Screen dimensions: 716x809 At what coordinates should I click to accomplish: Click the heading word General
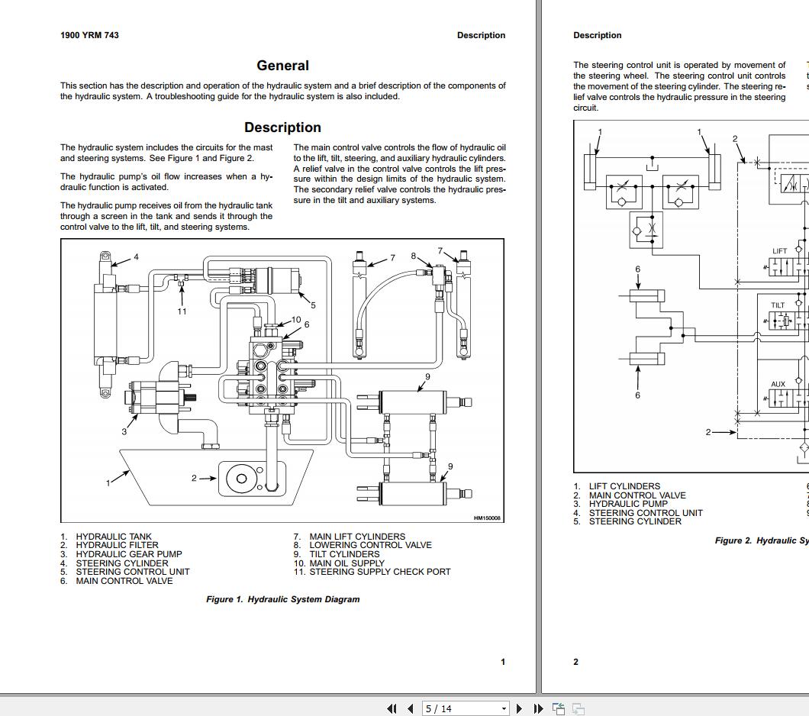[x=282, y=66]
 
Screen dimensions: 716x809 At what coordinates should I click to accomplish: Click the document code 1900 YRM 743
[x=89, y=35]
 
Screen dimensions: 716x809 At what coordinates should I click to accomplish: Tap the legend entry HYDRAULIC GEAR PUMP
[x=128, y=554]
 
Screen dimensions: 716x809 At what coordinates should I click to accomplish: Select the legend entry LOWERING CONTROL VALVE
[x=370, y=545]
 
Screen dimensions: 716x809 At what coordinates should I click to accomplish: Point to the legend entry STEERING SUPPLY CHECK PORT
[x=379, y=572]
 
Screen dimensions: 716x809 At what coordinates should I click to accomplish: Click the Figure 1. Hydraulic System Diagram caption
[x=282, y=599]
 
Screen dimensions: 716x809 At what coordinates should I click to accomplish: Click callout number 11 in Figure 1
[x=182, y=311]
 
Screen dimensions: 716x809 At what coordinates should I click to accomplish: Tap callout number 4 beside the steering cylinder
[x=137, y=257]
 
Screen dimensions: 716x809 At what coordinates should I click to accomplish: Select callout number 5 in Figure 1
[x=313, y=305]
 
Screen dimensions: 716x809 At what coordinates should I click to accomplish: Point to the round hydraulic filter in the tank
[x=241, y=479]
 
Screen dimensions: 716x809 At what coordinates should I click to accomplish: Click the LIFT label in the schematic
[x=779, y=251]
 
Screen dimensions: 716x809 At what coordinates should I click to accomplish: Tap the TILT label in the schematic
[x=778, y=305]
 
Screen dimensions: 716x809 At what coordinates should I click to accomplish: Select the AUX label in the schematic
[x=778, y=385]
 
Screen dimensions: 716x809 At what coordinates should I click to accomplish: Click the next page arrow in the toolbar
[x=519, y=708]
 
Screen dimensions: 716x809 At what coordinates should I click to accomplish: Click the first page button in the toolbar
[x=392, y=708]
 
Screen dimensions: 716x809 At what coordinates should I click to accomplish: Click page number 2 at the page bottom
[x=576, y=662]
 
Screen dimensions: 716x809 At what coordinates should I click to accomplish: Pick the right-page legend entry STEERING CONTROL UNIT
[x=645, y=513]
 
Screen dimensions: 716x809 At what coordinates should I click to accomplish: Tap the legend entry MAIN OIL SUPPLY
[x=346, y=563]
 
